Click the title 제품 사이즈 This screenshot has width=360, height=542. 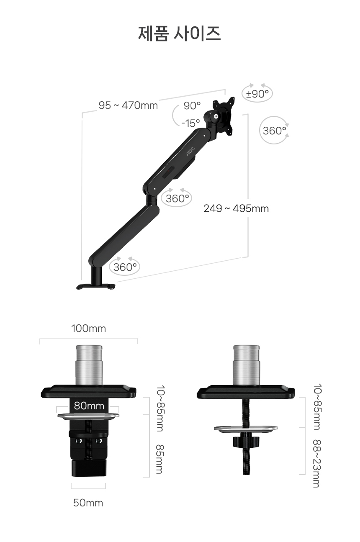pyautogui.click(x=179, y=33)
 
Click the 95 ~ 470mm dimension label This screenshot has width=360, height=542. pyautogui.click(x=128, y=105)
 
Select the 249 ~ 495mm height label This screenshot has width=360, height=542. pyautogui.click(x=236, y=208)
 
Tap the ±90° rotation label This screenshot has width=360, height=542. pyautogui.click(x=257, y=94)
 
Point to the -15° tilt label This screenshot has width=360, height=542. pyautogui.click(x=190, y=123)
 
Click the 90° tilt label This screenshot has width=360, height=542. pyautogui.click(x=192, y=105)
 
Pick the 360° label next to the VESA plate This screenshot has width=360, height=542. pyautogui.click(x=274, y=131)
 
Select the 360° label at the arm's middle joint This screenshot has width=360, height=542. pyautogui.click(x=177, y=199)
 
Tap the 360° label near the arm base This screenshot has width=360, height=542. pyautogui.click(x=125, y=267)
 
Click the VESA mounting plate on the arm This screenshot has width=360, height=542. pyautogui.click(x=223, y=115)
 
